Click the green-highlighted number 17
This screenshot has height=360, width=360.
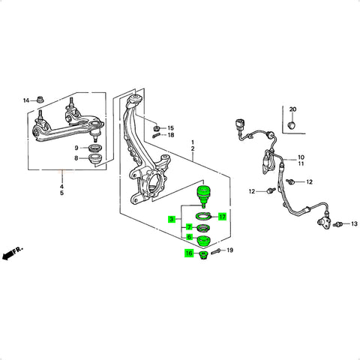point(222,217)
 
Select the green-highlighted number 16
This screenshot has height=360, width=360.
point(189,253)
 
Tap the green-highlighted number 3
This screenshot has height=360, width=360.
point(172,220)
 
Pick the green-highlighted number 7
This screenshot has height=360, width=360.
point(189,227)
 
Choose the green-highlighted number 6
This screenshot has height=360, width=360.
point(189,237)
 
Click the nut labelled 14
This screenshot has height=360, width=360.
point(40,100)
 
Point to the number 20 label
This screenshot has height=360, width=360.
point(292,109)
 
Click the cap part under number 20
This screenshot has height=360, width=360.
point(292,124)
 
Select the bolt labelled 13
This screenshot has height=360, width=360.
point(337,225)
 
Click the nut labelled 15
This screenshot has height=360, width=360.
point(157,128)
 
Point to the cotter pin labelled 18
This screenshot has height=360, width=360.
point(156,135)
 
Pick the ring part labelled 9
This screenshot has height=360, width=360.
point(95,148)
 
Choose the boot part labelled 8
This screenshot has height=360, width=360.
point(95,159)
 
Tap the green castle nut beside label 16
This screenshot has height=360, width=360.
point(204,256)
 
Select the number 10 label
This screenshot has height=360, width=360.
point(301,157)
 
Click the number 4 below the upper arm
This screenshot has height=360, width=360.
point(61,187)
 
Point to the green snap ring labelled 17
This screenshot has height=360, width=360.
point(203,216)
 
